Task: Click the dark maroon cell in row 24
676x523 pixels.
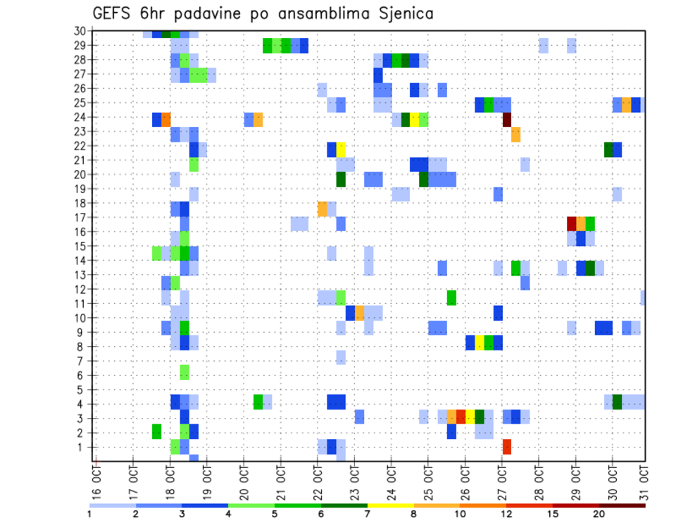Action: coord(506,119)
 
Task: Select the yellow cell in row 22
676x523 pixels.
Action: coord(341,149)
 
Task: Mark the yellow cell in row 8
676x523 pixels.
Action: coord(479,343)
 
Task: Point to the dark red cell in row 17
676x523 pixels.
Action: coord(572,223)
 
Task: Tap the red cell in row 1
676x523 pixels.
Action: coord(506,447)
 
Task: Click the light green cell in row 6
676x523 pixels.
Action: coord(184,372)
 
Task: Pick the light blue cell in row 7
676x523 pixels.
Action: coord(341,357)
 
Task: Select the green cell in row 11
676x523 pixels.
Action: coord(451,297)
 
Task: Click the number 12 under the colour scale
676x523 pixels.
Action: coord(506,514)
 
